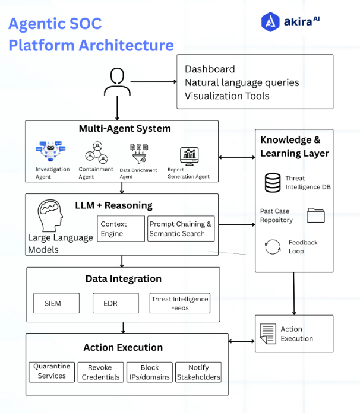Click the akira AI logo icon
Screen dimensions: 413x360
pyautogui.click(x=271, y=22)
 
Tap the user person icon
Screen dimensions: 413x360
pyautogui.click(x=116, y=82)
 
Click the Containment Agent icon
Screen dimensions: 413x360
pyautogui.click(x=94, y=153)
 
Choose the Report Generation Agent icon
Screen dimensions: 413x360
pyautogui.click(x=190, y=156)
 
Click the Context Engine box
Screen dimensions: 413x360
pyautogui.click(x=121, y=228)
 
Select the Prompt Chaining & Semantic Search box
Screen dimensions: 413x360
pyautogui.click(x=181, y=228)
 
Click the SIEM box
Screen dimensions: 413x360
pyautogui.click(x=55, y=303)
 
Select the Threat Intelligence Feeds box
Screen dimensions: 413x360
pyautogui.click(x=179, y=303)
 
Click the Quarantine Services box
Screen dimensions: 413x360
pyautogui.click(x=52, y=372)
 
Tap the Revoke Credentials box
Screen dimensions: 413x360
pyautogui.click(x=100, y=372)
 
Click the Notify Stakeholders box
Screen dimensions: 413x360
pyautogui.click(x=198, y=372)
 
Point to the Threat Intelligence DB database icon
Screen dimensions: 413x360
pyautogui.click(x=273, y=182)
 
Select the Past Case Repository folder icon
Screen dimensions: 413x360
pyautogui.click(x=315, y=215)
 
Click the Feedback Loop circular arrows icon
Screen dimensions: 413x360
pyautogui.click(x=273, y=247)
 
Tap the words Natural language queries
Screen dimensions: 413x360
pyautogui.click(x=242, y=82)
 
